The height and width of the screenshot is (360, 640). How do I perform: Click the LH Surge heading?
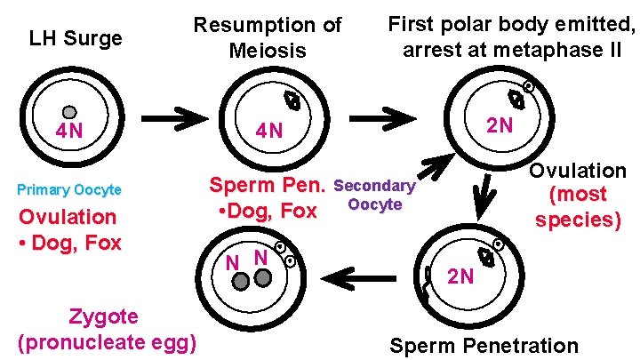[76, 38]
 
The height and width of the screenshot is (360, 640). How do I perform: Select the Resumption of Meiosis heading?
[268, 37]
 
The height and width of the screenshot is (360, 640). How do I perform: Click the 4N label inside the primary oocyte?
[69, 131]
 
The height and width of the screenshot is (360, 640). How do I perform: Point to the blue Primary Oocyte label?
[69, 190]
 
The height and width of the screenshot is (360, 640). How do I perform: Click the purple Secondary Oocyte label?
[374, 196]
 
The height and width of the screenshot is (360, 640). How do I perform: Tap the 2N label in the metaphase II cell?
[499, 124]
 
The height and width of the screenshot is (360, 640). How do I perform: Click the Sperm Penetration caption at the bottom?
[484, 346]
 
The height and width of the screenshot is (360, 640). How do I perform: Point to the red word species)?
[578, 219]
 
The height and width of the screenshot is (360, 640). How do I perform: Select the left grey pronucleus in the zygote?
[240, 280]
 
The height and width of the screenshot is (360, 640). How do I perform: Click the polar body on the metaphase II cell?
[529, 87]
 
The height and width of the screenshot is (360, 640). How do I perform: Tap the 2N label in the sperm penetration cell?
[460, 276]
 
